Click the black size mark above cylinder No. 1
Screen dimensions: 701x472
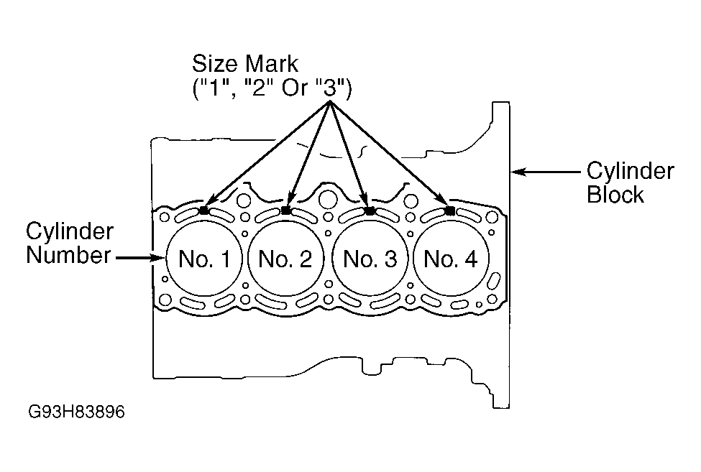pos(204,210)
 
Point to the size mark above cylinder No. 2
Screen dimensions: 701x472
pos(286,210)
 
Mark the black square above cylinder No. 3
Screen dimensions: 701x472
pos(370,210)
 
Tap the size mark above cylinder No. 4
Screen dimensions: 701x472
pos(450,210)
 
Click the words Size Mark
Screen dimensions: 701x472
pos(245,63)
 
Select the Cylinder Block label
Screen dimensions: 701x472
pos(631,182)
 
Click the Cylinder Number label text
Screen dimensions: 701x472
pos(70,243)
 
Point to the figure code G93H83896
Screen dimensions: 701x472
pos(76,411)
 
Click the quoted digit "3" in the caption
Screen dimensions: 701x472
pos(329,88)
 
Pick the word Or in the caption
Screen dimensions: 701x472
pos(295,88)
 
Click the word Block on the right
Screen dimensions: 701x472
pos(615,195)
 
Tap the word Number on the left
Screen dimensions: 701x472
pos(68,255)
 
